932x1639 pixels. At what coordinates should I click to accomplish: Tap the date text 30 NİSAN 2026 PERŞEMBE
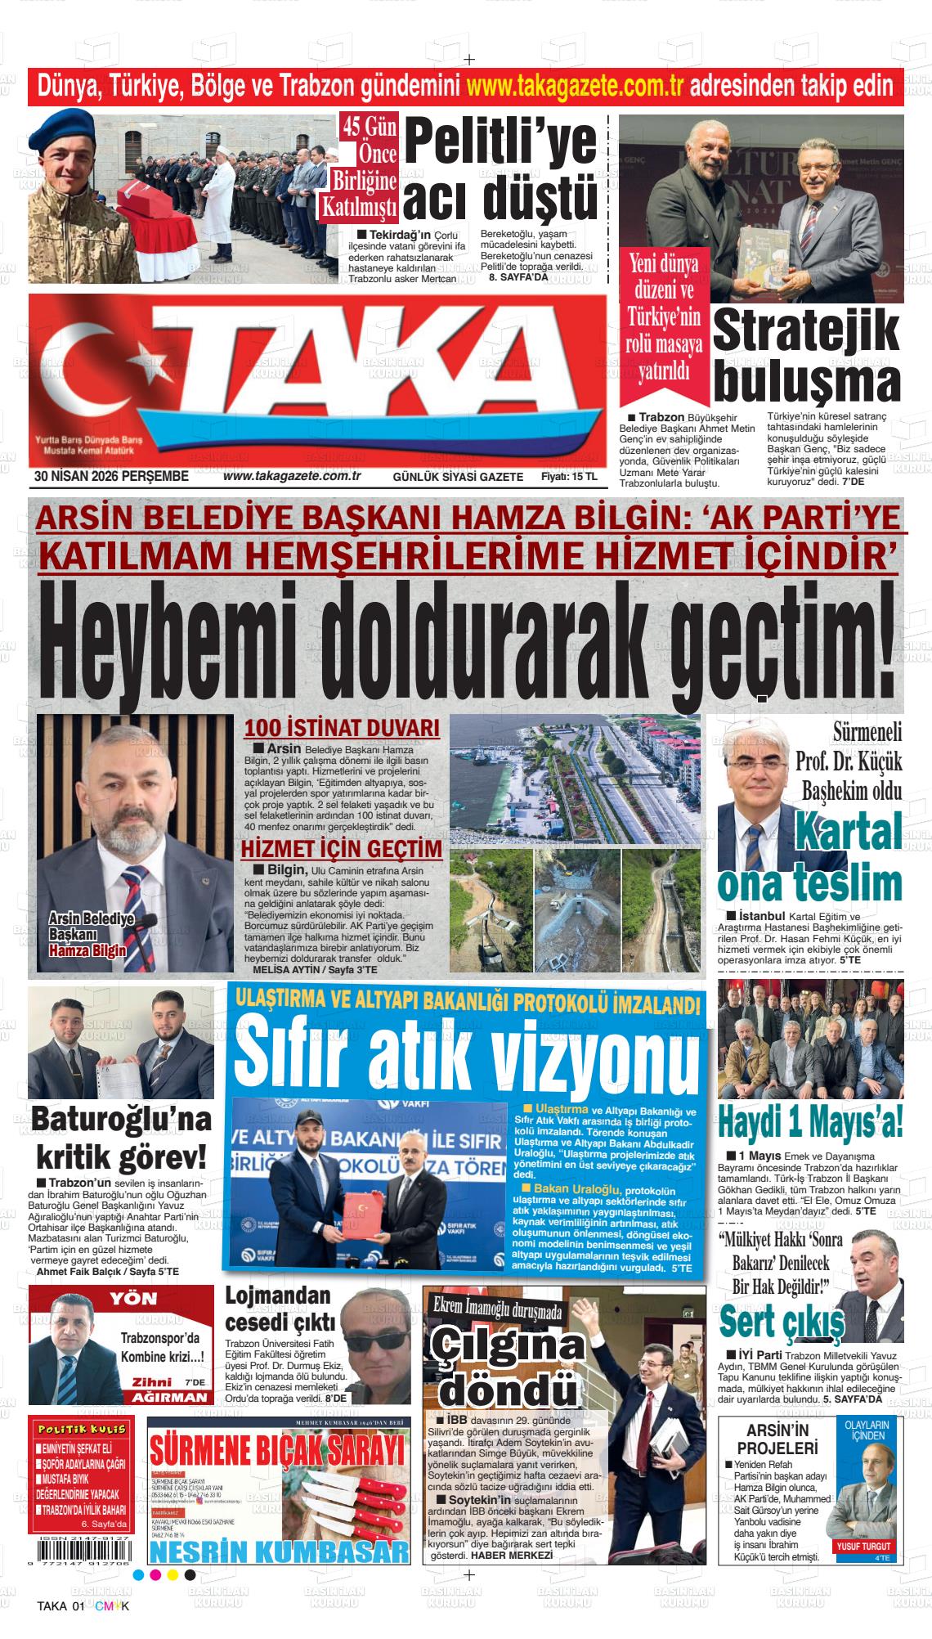(x=112, y=476)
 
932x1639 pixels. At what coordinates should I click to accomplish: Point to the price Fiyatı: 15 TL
(x=568, y=477)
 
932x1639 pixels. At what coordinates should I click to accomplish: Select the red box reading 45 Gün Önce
(x=370, y=140)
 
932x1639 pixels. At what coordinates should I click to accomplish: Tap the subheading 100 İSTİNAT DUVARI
(x=343, y=729)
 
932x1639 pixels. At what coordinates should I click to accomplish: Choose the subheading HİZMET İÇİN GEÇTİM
(x=341, y=850)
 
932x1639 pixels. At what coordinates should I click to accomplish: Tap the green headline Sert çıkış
(x=782, y=1319)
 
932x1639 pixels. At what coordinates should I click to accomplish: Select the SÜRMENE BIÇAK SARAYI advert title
(x=278, y=1453)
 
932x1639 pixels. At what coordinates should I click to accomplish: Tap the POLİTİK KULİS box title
(x=80, y=1429)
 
